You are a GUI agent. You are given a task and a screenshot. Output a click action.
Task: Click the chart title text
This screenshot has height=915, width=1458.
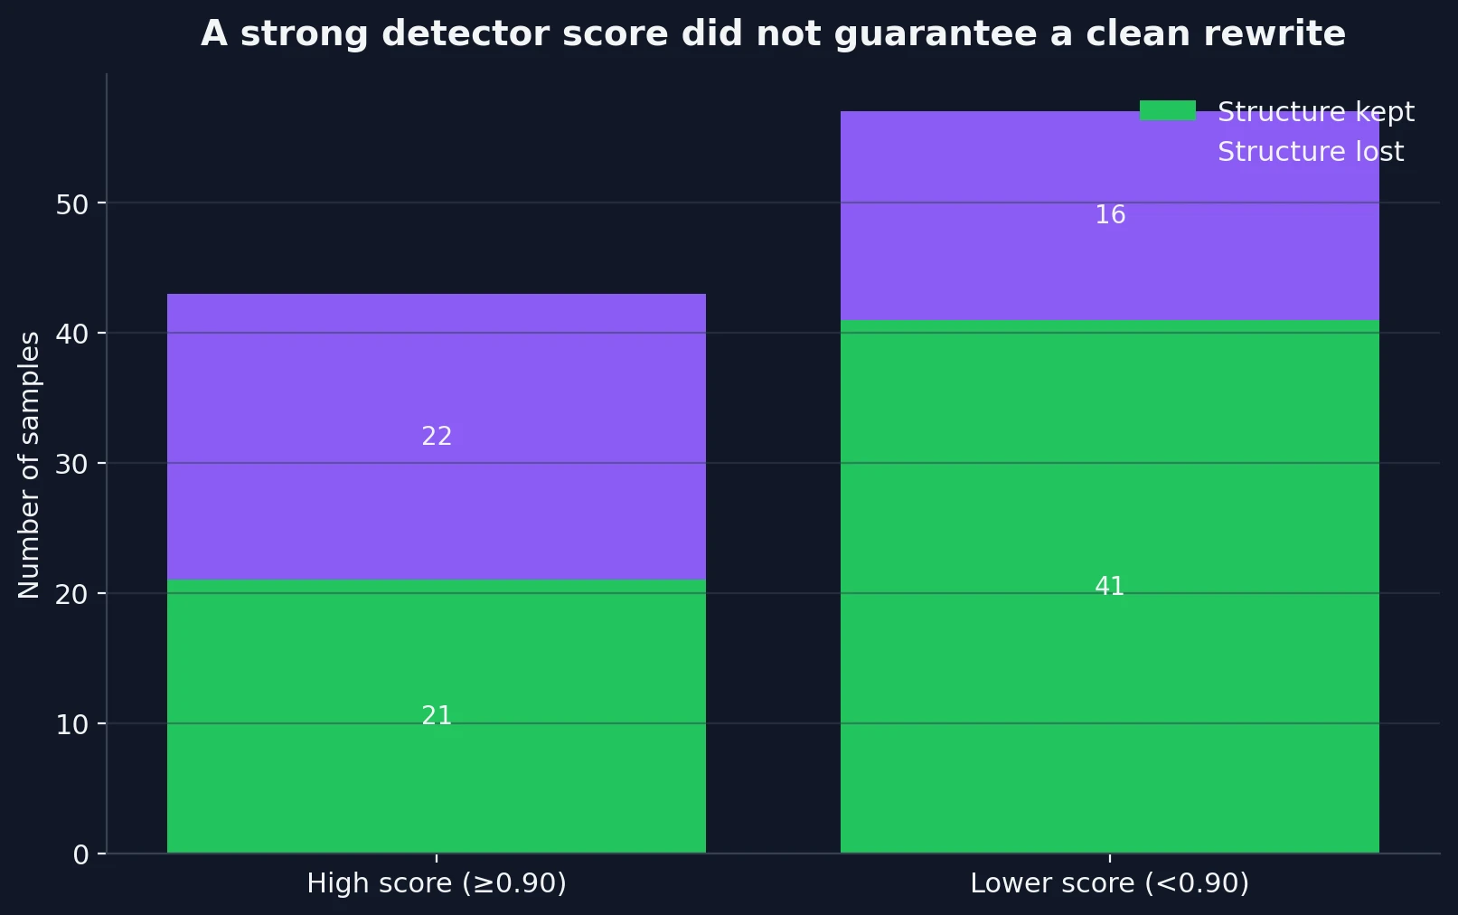click(x=773, y=34)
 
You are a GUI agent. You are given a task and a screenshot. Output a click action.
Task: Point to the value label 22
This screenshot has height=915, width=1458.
click(x=437, y=437)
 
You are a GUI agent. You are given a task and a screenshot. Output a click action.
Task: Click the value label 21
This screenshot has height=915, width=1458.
click(x=437, y=716)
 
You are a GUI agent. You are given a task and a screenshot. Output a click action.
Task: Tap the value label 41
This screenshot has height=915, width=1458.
click(x=1109, y=587)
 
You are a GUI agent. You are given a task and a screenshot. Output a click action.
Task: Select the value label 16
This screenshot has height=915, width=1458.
click(x=1109, y=215)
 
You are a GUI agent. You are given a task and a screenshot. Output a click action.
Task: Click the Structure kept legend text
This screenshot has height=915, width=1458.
click(x=1315, y=112)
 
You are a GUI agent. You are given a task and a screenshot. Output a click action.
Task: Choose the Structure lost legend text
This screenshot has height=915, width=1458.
click(x=1310, y=152)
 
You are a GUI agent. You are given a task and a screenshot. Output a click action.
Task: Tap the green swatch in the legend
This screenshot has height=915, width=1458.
click(x=1167, y=111)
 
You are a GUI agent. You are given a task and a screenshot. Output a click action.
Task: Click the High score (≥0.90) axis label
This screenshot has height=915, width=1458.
click(x=437, y=883)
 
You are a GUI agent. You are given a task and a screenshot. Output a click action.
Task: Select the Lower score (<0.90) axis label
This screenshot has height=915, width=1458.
click(x=1109, y=883)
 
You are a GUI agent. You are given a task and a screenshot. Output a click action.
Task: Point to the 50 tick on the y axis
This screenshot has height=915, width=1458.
click(x=71, y=204)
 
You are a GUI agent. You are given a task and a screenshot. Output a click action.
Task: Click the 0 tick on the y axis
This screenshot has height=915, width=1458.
click(x=81, y=855)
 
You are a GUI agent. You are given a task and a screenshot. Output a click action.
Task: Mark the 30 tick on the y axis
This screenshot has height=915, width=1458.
click(x=71, y=465)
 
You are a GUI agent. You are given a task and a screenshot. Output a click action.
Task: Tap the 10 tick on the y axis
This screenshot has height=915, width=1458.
click(x=71, y=725)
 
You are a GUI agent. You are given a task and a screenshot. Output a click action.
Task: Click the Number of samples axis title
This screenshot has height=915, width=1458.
click(x=30, y=465)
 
